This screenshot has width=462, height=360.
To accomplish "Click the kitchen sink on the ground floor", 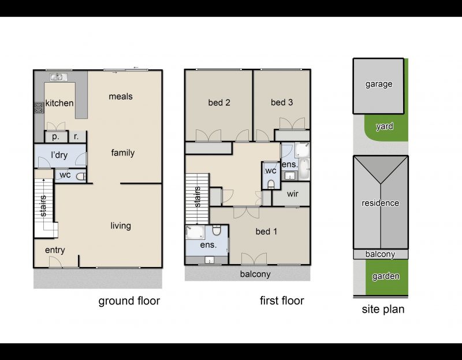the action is (x=58, y=77).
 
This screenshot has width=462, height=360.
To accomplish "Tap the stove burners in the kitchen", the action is (x=39, y=107).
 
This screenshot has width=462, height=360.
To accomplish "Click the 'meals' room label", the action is (x=121, y=97).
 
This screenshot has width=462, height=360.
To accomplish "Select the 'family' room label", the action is (x=123, y=153).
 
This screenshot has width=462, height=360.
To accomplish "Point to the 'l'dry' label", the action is (x=59, y=155).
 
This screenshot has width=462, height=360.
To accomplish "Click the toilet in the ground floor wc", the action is (x=81, y=176).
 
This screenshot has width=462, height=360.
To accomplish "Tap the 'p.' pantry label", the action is (x=55, y=137).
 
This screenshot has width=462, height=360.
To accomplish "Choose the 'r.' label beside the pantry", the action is (x=76, y=136).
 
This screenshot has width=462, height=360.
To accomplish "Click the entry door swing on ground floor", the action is (x=55, y=262).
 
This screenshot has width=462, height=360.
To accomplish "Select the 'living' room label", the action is (x=121, y=226).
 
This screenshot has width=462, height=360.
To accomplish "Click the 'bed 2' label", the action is (x=219, y=103).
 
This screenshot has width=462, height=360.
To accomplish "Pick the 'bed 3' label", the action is (x=282, y=102).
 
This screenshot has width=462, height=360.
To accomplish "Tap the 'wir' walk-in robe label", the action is (x=292, y=194).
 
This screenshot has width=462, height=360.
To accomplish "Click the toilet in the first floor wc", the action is (x=271, y=184).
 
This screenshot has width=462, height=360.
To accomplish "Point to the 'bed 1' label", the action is (x=266, y=232).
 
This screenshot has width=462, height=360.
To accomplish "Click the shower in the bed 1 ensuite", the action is (x=195, y=232).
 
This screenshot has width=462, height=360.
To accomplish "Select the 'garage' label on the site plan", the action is (x=379, y=84).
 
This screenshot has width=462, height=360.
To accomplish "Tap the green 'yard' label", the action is (x=385, y=127).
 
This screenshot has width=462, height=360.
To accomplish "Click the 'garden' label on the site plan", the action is (x=386, y=276).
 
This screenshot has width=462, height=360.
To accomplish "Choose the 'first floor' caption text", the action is (x=282, y=300).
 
